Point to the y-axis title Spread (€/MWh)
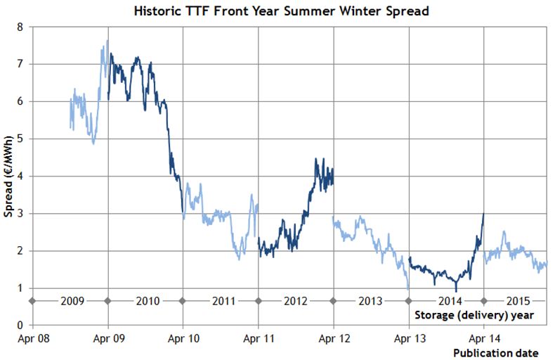pyautogui.click(x=8, y=175)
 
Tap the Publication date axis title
pyautogui.click(x=495, y=352)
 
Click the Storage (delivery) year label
pyautogui.click(x=475, y=314)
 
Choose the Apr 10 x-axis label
pyautogui.click(x=183, y=338)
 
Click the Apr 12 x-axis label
pyautogui.click(x=333, y=338)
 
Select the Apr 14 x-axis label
pyautogui.click(x=483, y=338)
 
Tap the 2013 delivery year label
pyautogui.click(x=371, y=301)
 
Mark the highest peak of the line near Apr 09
pyautogui.click(x=107, y=40)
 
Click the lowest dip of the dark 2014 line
pyautogui.click(x=456, y=290)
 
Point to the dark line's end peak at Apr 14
pyautogui.click(x=483, y=214)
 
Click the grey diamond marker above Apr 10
pyautogui.click(x=183, y=301)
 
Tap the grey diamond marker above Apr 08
pyautogui.click(x=32, y=301)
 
